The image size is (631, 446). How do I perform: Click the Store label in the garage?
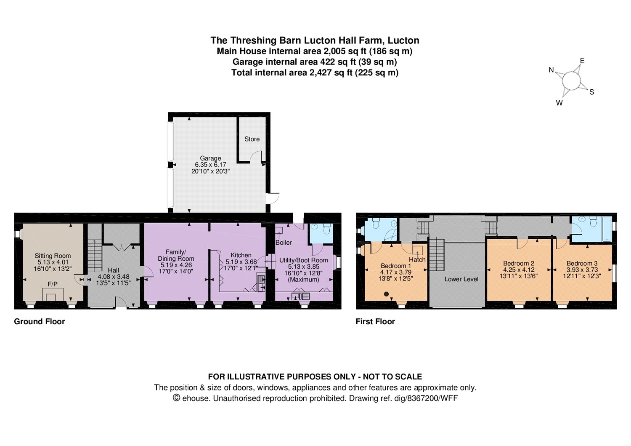point(252,139)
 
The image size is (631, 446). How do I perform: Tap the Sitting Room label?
point(53,256)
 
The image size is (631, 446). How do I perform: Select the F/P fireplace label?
point(53,284)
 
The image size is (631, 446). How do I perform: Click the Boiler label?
point(284,243)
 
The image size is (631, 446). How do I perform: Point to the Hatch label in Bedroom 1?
point(417,259)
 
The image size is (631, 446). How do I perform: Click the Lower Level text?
point(461,279)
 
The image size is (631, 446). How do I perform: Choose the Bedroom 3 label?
point(582,264)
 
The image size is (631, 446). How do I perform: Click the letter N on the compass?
point(551,70)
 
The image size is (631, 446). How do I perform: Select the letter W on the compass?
point(559,103)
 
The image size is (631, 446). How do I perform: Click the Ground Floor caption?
point(40,322)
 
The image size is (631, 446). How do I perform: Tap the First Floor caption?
point(375,322)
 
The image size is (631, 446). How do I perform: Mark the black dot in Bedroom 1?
point(387,294)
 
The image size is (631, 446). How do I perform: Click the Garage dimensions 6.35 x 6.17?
point(210,165)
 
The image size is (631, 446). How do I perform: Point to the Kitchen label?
point(241,255)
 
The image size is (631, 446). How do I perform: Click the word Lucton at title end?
point(403,40)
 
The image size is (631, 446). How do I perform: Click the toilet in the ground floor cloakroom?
point(327,229)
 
